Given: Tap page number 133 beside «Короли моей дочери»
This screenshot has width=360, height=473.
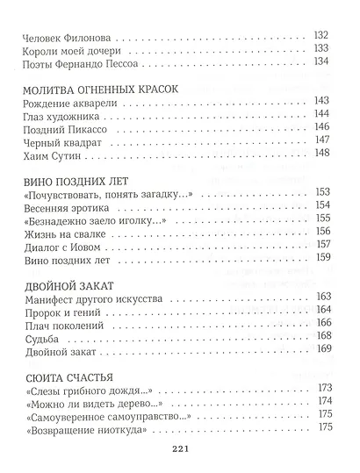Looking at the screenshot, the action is [320, 49].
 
